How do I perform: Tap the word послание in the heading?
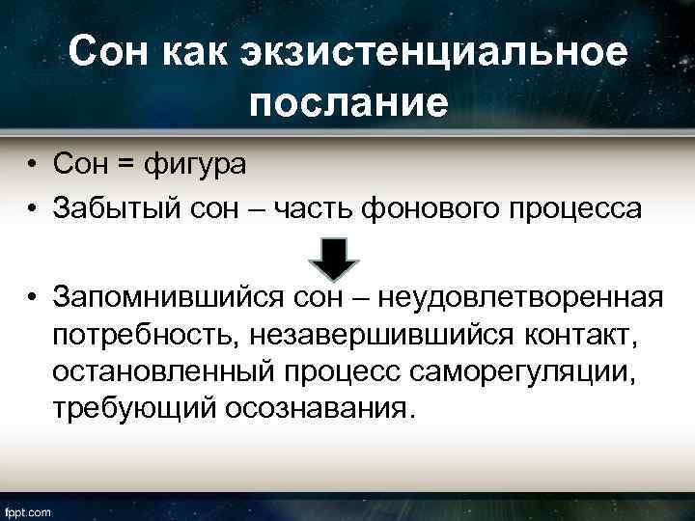pyautogui.click(x=347, y=101)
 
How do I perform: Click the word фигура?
pyautogui.click(x=195, y=165)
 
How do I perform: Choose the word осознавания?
pyautogui.click(x=322, y=408)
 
